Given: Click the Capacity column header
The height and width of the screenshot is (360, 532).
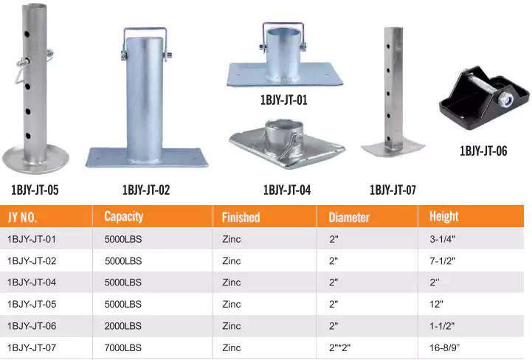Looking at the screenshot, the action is [x=123, y=216].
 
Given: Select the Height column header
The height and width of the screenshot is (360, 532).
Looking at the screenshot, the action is [x=443, y=216].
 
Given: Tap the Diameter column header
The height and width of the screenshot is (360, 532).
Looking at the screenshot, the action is [x=349, y=217].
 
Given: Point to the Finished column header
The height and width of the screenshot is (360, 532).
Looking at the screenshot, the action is [x=241, y=217].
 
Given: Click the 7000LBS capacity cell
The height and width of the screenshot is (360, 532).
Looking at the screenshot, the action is [x=122, y=347].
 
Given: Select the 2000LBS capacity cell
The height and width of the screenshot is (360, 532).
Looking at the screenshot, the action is [x=122, y=326].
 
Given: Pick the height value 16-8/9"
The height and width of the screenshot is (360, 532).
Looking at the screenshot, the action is [x=445, y=347].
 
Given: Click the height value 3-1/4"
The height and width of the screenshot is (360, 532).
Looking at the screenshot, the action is [x=442, y=239].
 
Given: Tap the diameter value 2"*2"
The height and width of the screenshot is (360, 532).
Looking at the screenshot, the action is [x=339, y=347].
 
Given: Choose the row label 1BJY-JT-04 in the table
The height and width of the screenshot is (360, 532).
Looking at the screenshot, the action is [x=32, y=283].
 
